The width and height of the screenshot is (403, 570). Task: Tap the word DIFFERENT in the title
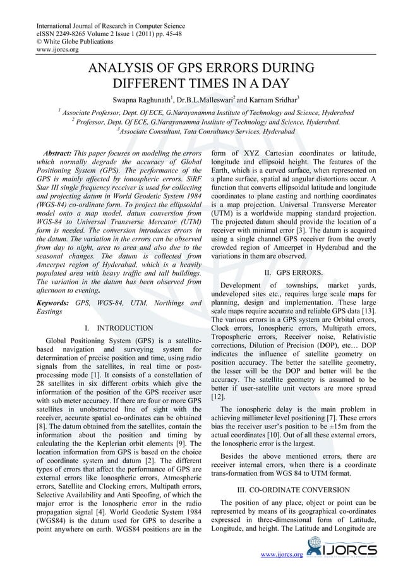147,84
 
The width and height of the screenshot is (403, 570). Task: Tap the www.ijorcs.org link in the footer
282,555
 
